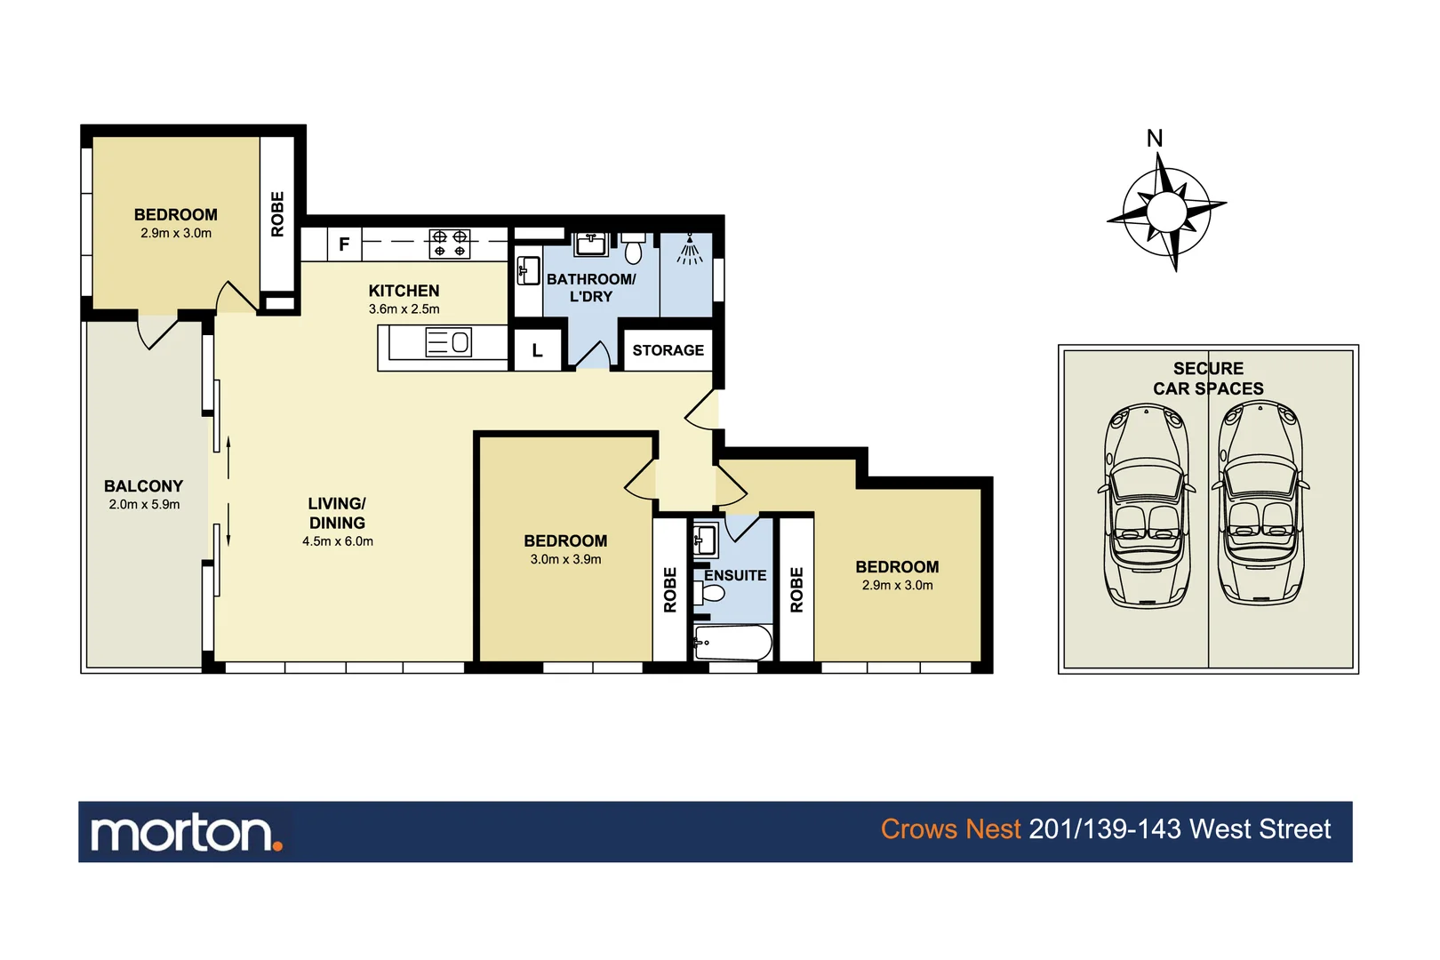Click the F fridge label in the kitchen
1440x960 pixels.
click(344, 244)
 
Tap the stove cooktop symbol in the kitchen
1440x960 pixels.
click(449, 244)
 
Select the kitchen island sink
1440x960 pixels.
click(449, 342)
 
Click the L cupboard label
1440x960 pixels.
click(537, 350)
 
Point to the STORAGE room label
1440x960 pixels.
click(668, 350)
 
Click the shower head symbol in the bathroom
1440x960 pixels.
click(689, 250)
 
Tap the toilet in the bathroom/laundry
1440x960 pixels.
click(633, 249)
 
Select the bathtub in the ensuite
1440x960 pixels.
click(732, 643)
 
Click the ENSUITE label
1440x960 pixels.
click(734, 575)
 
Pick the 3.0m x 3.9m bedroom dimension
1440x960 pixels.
click(565, 559)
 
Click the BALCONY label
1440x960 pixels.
click(143, 486)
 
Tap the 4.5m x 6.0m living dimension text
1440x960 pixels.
click(337, 541)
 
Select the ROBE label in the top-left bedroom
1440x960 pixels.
click(277, 214)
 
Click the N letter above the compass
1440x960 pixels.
click(1154, 139)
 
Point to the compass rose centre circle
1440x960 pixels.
click(1165, 212)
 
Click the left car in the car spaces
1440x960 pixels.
click(1147, 505)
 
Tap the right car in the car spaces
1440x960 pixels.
click(1260, 503)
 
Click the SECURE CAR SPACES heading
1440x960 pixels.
click(1207, 378)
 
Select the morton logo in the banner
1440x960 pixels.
click(186, 833)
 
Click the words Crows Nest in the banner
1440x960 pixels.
click(949, 829)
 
